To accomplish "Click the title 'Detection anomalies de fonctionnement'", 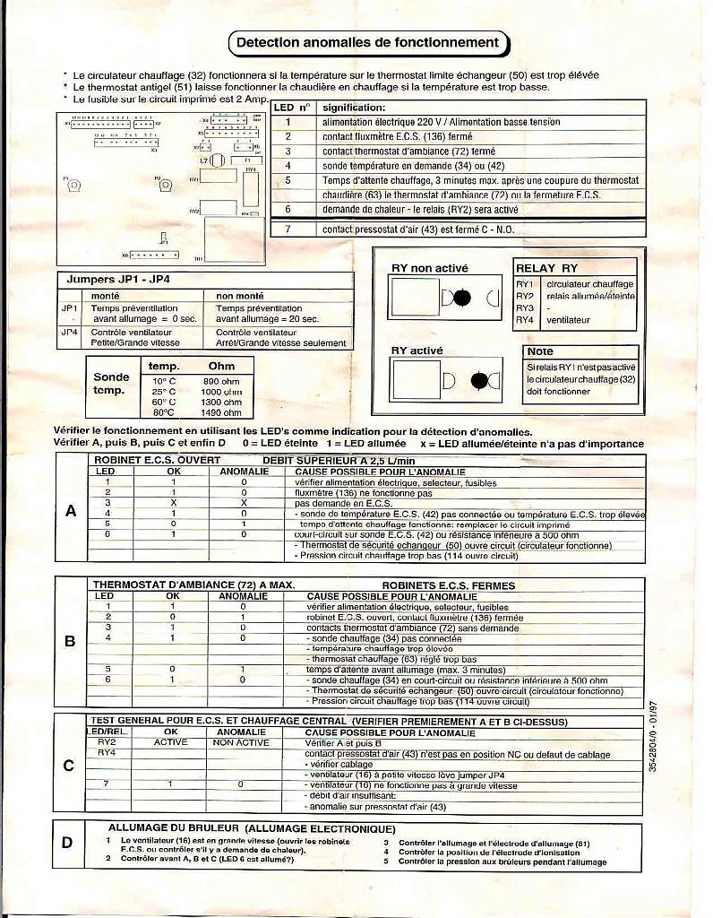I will click(x=367, y=42).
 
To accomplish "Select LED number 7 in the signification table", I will click(x=288, y=229).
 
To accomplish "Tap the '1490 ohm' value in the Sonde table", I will click(x=221, y=413).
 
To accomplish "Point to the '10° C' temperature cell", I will click(x=163, y=381).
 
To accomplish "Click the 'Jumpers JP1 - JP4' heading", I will click(x=118, y=279).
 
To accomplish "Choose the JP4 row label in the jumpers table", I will click(x=70, y=332).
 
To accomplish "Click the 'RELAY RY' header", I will click(x=545, y=268).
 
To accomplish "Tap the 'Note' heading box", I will click(x=540, y=351).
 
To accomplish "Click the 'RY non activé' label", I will click(x=430, y=268).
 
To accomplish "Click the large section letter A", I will click(x=71, y=511).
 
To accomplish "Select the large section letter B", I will click(x=71, y=641).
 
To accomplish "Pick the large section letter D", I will click(x=67, y=842).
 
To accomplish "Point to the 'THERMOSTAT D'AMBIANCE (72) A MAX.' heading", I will click(x=193, y=585).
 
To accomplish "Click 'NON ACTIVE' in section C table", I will click(x=241, y=742).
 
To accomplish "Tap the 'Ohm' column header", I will click(x=221, y=366).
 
